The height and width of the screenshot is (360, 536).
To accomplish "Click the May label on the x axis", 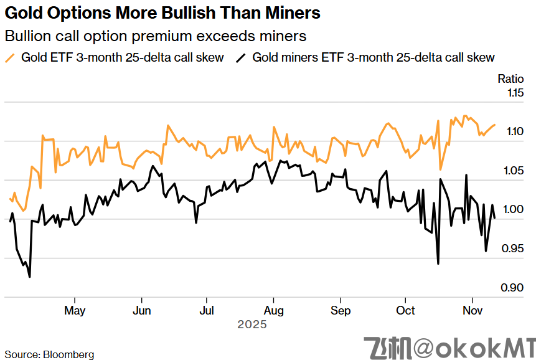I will [x=75, y=310].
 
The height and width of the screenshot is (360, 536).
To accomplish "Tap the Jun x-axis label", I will [x=142, y=310].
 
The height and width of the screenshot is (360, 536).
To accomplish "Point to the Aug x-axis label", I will [x=274, y=310].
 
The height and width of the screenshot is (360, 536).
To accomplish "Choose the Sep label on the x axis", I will [x=340, y=310].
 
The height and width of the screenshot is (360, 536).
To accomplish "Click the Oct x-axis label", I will [x=406, y=310].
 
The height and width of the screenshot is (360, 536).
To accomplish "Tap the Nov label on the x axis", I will [x=473, y=310].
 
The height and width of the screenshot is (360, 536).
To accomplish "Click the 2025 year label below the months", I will [x=252, y=324].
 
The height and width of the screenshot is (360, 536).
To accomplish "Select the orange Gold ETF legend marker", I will [x=9, y=58].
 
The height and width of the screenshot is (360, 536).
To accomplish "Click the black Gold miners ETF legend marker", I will [x=240, y=58].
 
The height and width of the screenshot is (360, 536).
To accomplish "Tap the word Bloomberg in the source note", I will [x=68, y=354].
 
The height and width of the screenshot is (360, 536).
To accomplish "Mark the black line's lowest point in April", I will [x=29, y=277].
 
